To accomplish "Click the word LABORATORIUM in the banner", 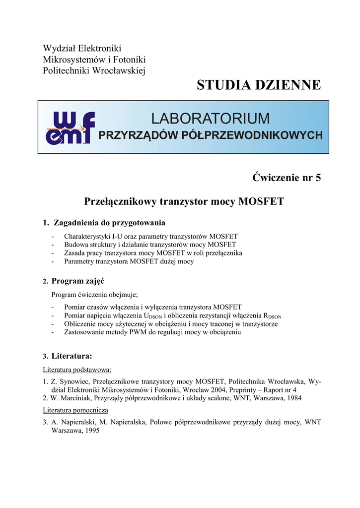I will (211, 119).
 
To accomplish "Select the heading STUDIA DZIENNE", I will (259, 85).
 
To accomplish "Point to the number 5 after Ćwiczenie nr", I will (318, 178).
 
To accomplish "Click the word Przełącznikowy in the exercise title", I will (120, 201).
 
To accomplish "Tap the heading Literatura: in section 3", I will (72, 356).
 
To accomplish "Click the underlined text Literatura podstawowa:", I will (77, 370).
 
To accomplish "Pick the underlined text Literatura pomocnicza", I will (75, 410).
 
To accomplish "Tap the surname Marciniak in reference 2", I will (72, 398).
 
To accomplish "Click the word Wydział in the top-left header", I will (57, 49).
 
